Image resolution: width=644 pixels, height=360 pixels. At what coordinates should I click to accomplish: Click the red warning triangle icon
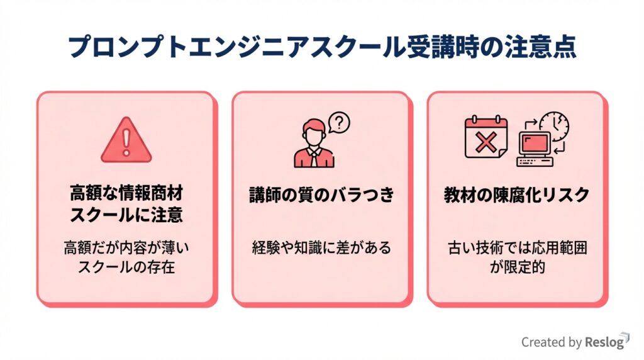click(126, 140)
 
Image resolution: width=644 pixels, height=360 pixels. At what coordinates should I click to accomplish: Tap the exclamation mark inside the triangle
click(126, 143)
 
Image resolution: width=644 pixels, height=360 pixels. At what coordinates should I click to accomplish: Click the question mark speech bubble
click(340, 121)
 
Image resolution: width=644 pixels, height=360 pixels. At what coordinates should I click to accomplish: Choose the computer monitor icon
click(534, 146)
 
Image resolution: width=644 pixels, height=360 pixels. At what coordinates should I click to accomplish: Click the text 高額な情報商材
click(126, 192)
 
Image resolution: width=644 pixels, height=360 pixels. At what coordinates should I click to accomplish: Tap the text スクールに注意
click(126, 215)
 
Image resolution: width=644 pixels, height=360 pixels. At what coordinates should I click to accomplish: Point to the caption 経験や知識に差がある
click(321, 247)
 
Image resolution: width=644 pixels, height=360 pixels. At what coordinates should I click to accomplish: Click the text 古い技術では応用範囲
click(517, 247)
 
